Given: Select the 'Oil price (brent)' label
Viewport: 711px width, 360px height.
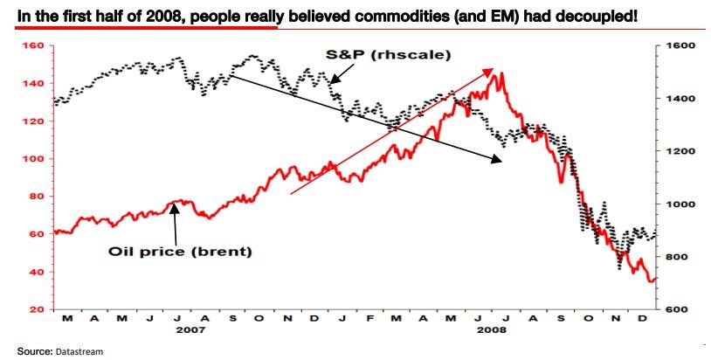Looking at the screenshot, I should pos(180,253).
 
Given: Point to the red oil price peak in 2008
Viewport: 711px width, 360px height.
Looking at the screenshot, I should pos(499,74).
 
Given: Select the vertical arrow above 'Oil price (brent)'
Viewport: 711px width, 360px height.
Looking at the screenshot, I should pos(175,222).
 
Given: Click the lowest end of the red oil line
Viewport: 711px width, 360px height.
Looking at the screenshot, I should pos(652,281).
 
